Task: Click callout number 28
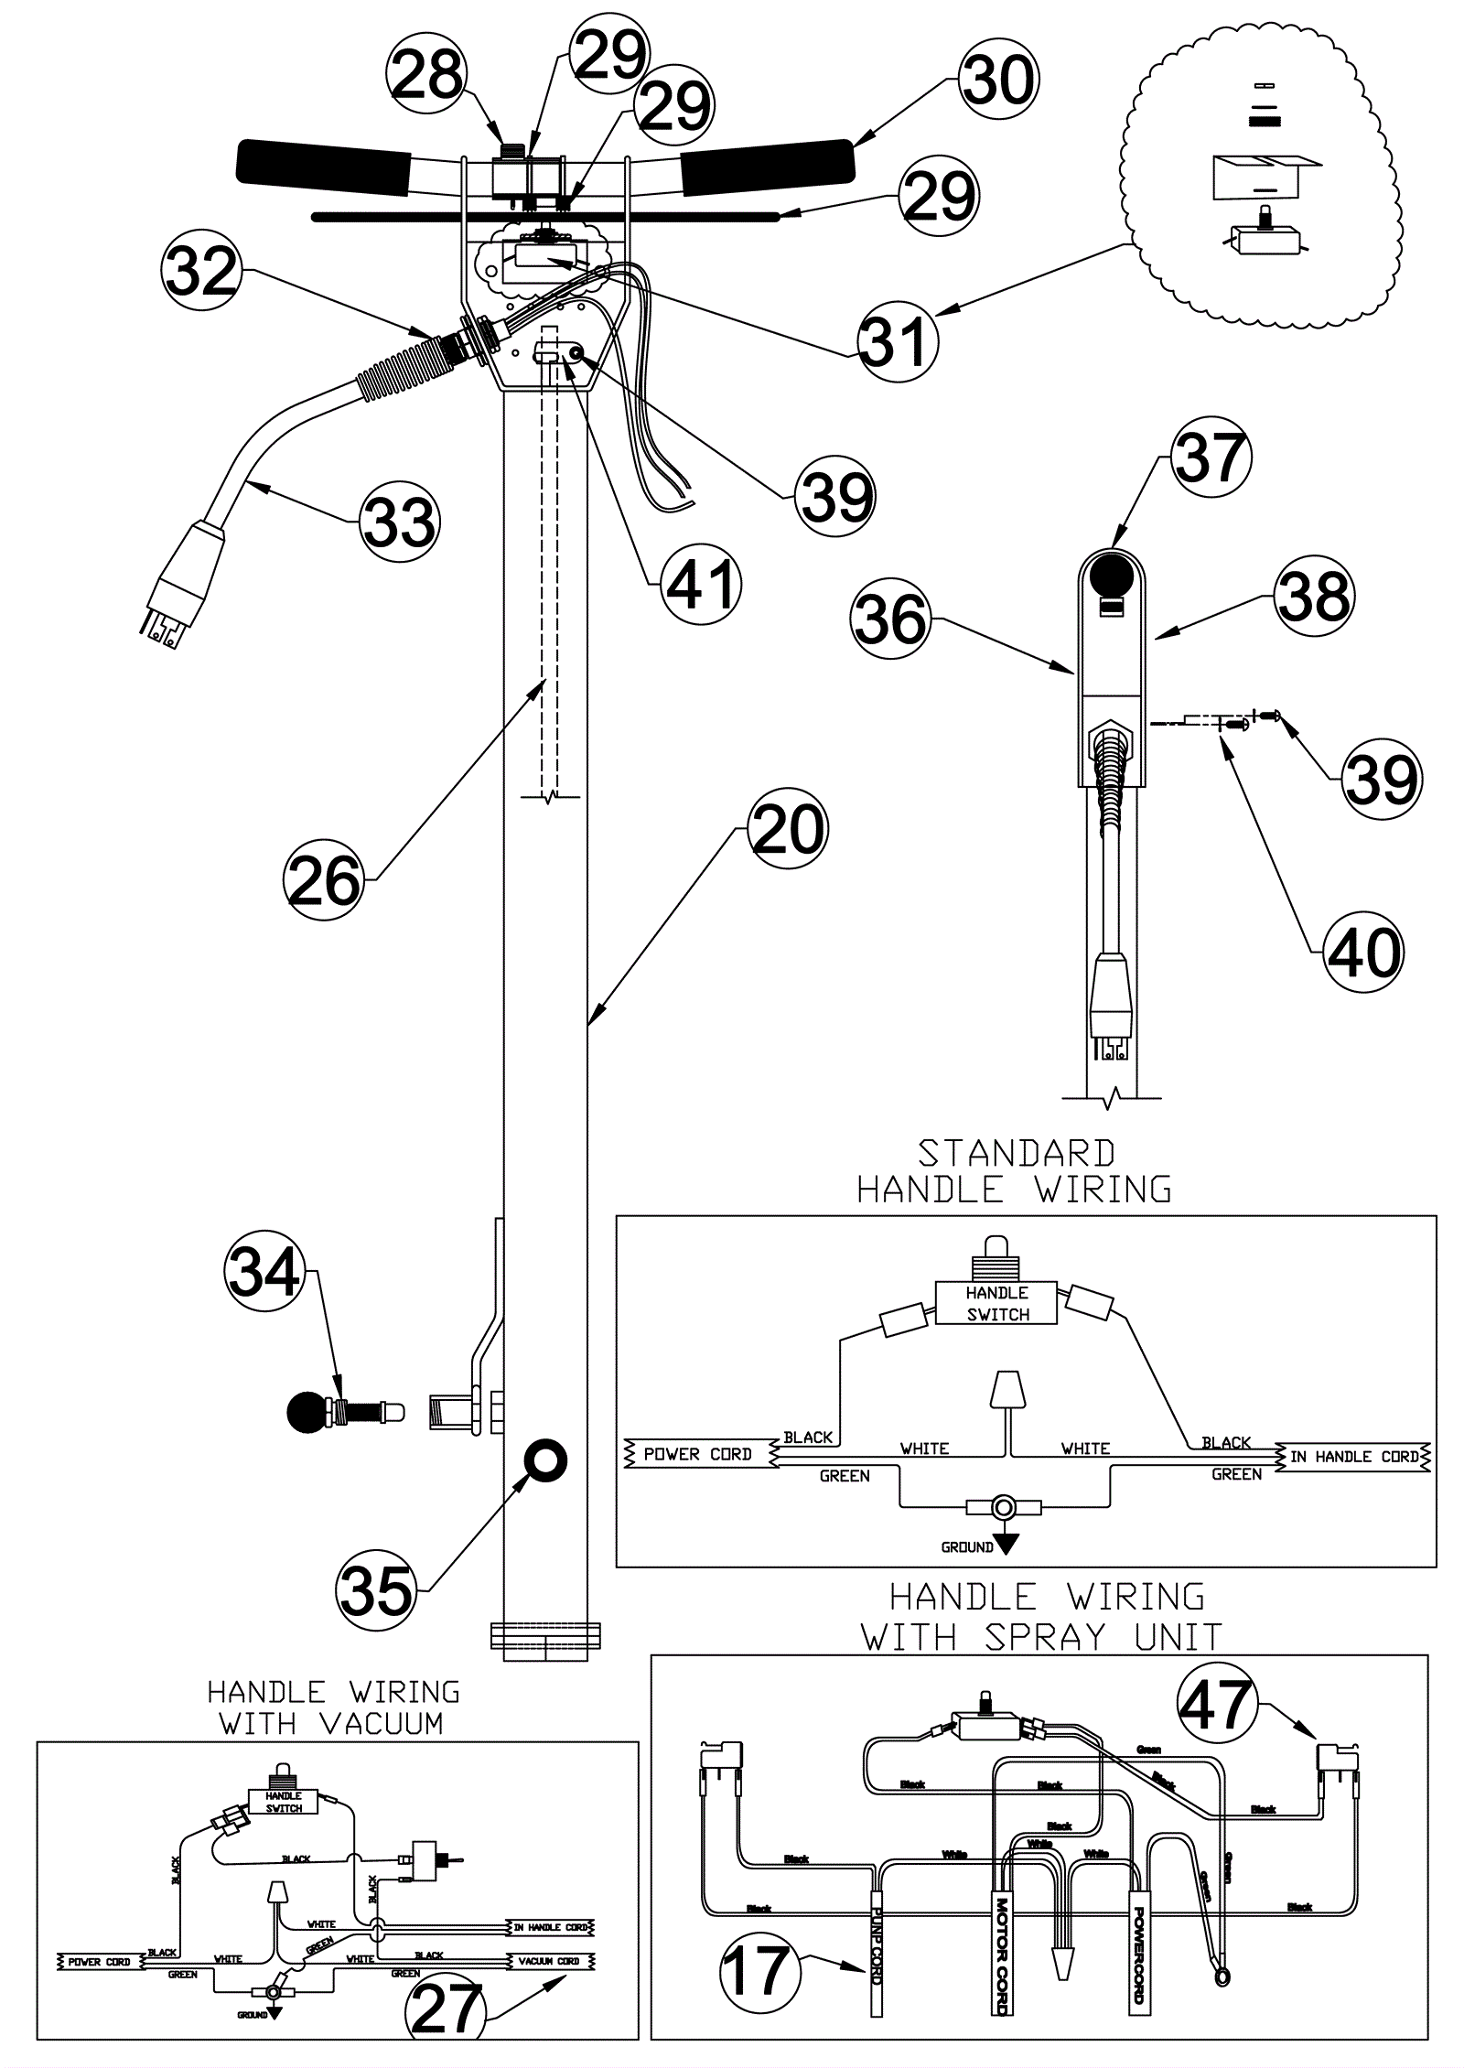pos(426,75)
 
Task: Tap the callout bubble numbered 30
pos(999,80)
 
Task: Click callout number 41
pos(700,584)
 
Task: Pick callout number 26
pos(324,880)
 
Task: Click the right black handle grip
pos(767,165)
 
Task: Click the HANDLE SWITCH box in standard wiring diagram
pos(996,1303)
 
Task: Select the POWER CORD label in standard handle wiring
pos(697,1454)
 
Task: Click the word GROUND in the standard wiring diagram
pos(967,1547)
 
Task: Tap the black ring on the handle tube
pos(544,1460)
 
